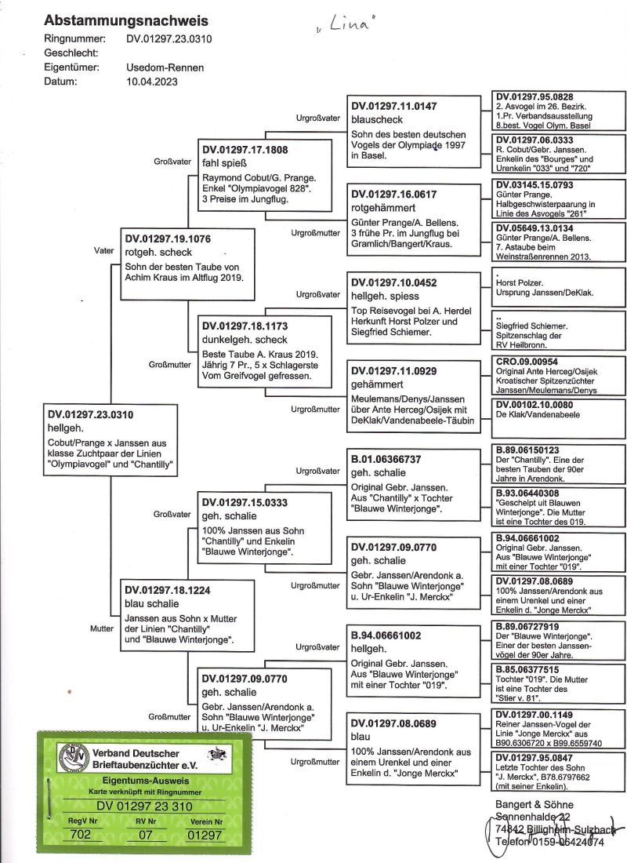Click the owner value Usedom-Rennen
coord(165,67)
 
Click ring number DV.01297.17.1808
coord(245,149)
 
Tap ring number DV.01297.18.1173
coord(245,326)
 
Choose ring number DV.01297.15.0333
coord(245,502)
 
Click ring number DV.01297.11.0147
coord(393,105)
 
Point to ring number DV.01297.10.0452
coord(393,282)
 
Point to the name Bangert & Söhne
coord(535,804)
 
